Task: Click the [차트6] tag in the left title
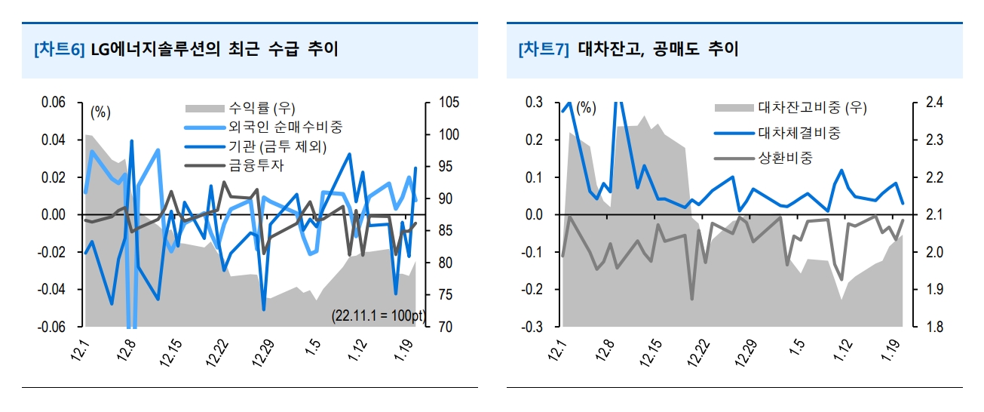coord(60,50)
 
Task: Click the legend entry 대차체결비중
coord(799,134)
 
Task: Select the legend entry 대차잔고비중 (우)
coord(812,107)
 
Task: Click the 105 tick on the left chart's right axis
coord(443,103)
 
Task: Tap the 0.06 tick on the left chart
coord(54,103)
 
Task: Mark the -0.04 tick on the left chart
coord(52,290)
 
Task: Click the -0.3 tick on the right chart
coord(532,327)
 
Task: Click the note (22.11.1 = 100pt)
coord(377,315)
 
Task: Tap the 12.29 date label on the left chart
coord(264,351)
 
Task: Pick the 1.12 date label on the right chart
coord(846,351)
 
